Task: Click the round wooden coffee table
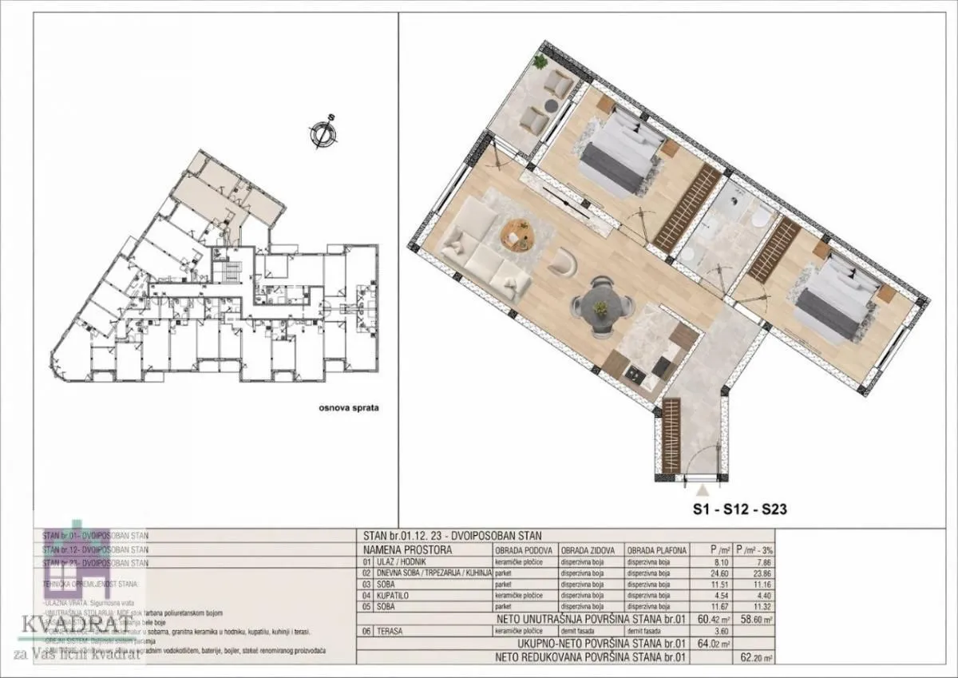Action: (517, 234)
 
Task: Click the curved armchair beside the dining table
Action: (564, 260)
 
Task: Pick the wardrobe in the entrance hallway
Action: (671, 432)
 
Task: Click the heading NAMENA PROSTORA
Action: (407, 550)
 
